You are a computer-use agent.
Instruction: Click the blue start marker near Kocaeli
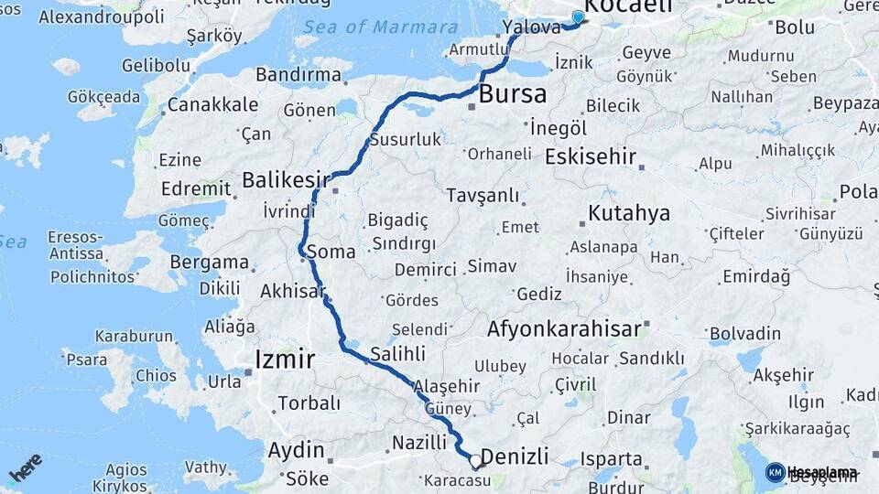click(578, 17)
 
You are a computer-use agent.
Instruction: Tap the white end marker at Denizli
click(475, 461)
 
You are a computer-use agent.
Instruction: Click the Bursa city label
click(513, 93)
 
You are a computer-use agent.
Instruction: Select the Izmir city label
click(285, 358)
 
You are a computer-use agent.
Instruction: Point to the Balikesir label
click(285, 179)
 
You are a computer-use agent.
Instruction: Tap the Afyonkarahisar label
click(564, 328)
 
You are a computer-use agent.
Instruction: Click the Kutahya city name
click(629, 214)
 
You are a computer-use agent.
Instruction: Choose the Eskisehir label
click(590, 156)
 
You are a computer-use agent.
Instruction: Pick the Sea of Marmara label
click(380, 27)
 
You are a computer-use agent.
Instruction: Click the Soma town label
click(331, 251)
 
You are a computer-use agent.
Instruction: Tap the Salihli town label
click(397, 353)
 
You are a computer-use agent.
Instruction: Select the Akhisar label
click(293, 292)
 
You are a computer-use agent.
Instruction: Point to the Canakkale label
click(212, 104)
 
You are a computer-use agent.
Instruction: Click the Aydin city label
click(296, 450)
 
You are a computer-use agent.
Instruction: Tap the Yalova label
click(531, 27)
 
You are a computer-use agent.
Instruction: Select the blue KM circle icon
click(775, 472)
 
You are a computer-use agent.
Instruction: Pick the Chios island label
click(156, 375)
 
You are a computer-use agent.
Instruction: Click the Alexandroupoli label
click(102, 16)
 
